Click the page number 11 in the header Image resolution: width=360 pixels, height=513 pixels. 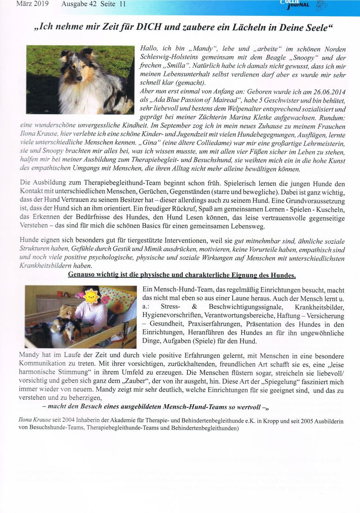(121, 4)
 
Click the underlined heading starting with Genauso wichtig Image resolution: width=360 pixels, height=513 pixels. (182, 274)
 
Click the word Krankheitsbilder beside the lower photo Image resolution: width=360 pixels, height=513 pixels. (322, 308)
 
